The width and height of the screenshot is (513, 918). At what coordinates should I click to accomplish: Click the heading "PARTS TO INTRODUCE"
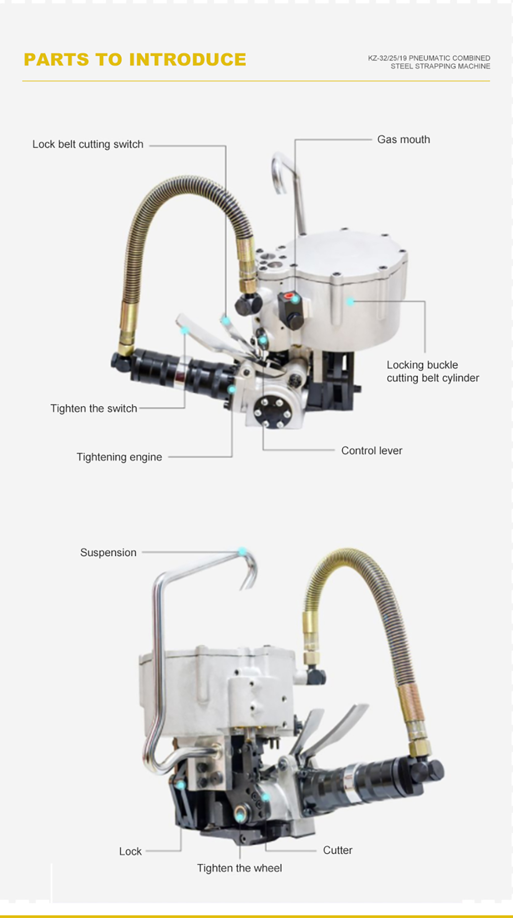(x=135, y=59)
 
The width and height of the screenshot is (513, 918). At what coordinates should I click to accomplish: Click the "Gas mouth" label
(x=403, y=139)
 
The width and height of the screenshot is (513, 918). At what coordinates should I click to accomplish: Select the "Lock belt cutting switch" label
(x=88, y=144)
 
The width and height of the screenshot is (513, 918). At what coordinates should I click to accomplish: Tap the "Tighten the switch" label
(x=94, y=408)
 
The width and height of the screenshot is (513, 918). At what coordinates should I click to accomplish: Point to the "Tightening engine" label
(x=119, y=457)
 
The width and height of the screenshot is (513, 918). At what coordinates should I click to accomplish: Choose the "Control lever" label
(x=372, y=450)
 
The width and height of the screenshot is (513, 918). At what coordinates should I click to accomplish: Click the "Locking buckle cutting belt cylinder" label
(x=433, y=371)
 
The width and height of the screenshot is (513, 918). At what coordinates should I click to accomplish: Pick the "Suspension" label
(x=108, y=552)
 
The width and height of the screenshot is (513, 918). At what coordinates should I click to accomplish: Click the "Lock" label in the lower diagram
(x=130, y=851)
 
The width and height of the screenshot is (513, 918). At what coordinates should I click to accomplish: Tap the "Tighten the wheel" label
(x=240, y=868)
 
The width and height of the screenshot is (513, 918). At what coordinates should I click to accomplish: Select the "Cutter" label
(x=338, y=850)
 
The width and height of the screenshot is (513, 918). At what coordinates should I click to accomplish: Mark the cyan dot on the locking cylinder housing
(x=350, y=301)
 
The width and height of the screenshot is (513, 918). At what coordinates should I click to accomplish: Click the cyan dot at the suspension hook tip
(x=242, y=551)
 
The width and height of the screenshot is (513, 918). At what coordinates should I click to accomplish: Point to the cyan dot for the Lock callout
(x=181, y=785)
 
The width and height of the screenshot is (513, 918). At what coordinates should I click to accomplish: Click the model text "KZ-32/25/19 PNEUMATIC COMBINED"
(x=429, y=58)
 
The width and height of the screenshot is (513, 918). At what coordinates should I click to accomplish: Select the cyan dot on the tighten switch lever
(x=184, y=330)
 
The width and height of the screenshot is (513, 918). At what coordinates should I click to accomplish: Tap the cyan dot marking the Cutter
(x=265, y=797)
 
